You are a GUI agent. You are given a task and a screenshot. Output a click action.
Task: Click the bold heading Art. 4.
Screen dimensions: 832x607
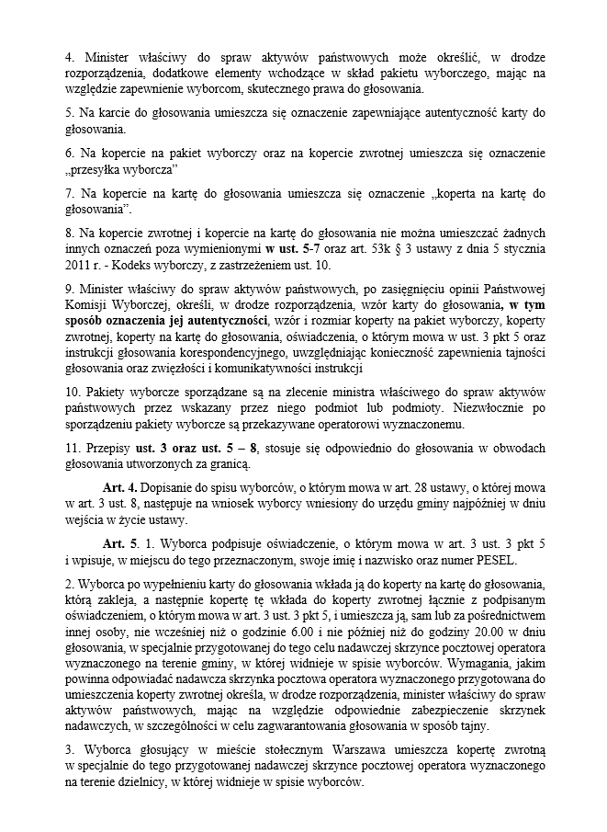(121, 486)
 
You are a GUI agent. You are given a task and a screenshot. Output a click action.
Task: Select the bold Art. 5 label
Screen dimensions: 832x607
(121, 543)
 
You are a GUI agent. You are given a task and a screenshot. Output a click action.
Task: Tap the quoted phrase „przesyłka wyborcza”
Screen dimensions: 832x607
(121, 171)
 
